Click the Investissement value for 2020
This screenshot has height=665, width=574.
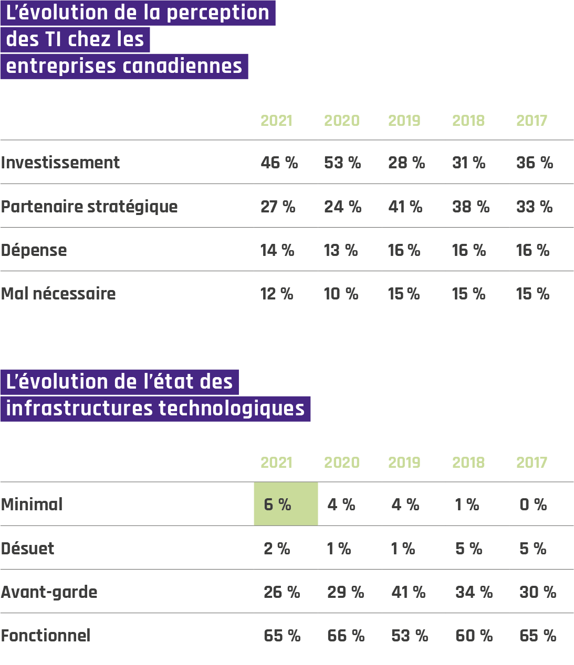tap(342, 163)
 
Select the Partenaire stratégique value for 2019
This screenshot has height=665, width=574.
tap(405, 207)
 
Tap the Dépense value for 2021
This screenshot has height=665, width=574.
tap(277, 250)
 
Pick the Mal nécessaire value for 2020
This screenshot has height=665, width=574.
tap(341, 294)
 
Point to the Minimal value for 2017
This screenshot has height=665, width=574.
tap(533, 505)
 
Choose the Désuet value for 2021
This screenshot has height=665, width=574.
tap(277, 549)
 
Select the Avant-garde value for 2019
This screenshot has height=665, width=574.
tap(408, 592)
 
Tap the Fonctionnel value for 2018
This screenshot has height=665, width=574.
tap(474, 636)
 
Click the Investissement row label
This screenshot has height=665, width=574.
tap(60, 163)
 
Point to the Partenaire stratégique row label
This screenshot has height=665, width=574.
tap(89, 207)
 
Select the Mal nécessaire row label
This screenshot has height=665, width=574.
tap(58, 294)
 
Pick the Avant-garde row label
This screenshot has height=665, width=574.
tap(49, 592)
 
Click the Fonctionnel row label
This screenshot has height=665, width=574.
tap(46, 636)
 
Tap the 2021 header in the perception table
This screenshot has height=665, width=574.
tap(276, 121)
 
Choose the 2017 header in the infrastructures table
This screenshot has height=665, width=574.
tap(531, 463)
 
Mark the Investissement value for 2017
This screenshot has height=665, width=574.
tap(535, 163)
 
